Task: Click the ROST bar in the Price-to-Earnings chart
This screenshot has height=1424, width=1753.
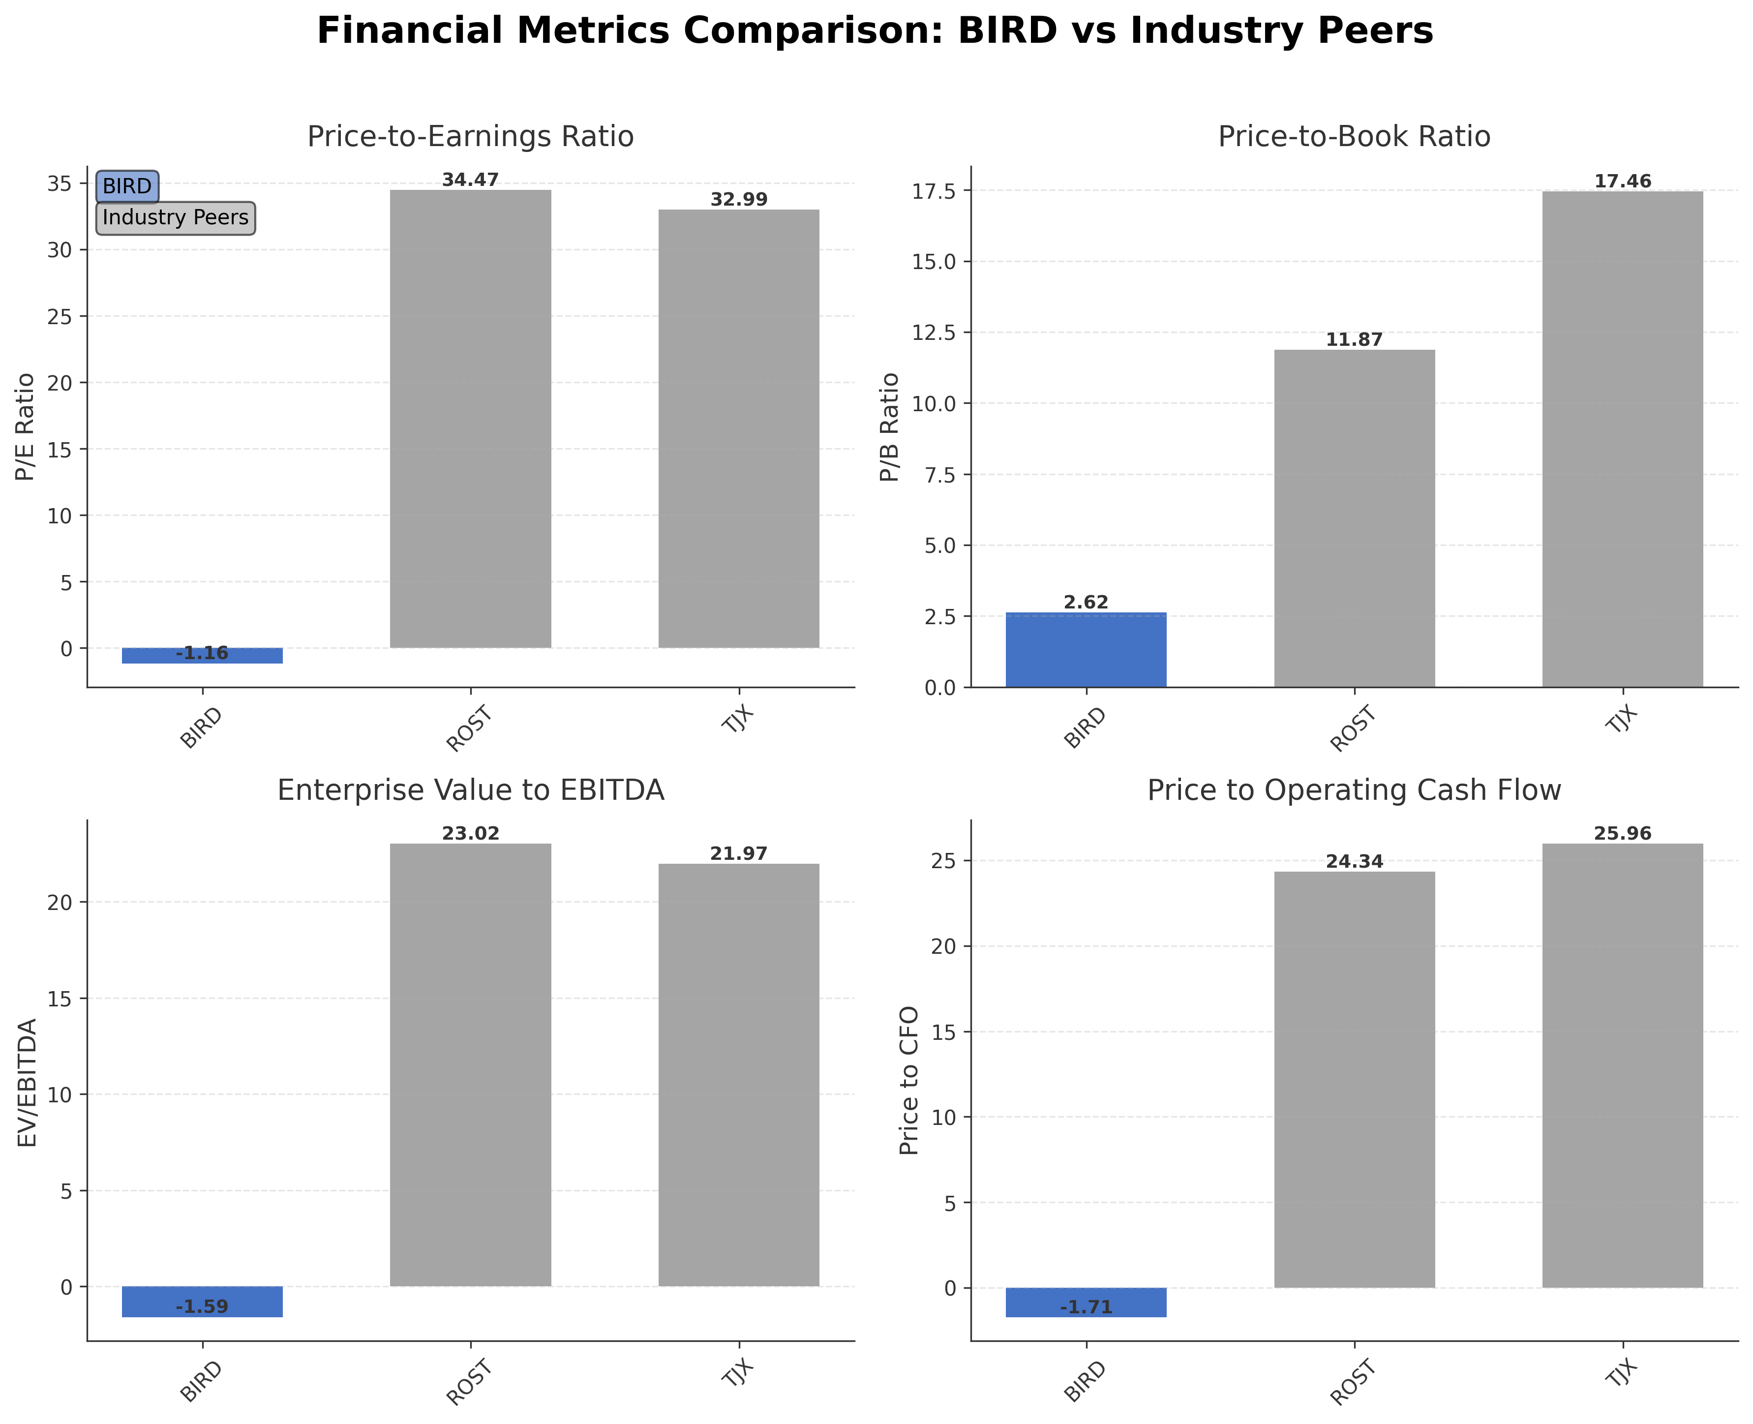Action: [x=470, y=418]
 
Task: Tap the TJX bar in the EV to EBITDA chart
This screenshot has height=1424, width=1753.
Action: [x=738, y=1075]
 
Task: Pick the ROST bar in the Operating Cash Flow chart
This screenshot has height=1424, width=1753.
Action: [x=1354, y=1080]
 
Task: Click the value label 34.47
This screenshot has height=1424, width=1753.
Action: [x=470, y=180]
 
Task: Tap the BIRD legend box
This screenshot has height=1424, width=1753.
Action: [x=127, y=186]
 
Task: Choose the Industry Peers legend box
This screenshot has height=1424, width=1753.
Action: [x=176, y=217]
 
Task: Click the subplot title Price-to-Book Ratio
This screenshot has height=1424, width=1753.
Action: [x=1354, y=136]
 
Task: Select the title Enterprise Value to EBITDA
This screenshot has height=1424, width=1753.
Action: [x=470, y=790]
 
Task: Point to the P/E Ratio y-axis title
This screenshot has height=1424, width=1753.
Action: [x=26, y=426]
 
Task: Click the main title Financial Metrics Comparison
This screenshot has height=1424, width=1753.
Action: [x=875, y=31]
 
